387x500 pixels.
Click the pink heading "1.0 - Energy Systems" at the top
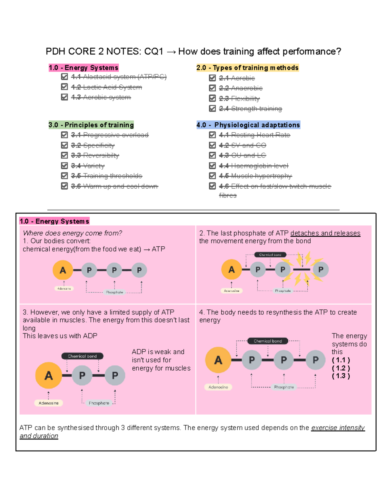[84, 68]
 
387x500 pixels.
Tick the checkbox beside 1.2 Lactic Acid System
[64, 87]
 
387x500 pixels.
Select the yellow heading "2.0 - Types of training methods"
[247, 68]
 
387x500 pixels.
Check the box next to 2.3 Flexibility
[212, 98]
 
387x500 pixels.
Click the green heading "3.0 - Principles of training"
[91, 125]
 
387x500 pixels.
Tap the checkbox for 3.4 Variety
[64, 165]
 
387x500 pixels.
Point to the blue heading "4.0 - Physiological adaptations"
[248, 125]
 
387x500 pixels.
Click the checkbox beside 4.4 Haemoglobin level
[212, 165]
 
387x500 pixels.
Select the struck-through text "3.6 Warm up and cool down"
[114, 186]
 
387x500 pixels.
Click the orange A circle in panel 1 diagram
[63, 270]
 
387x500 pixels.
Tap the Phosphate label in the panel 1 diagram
[114, 292]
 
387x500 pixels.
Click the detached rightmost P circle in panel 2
[321, 269]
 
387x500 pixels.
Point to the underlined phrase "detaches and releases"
[325, 233]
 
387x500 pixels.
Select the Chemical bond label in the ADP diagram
[82, 356]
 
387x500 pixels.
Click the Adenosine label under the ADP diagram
[49, 403]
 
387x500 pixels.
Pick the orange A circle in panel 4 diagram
[218, 360]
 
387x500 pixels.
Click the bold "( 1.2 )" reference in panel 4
[341, 368]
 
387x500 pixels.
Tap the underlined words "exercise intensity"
[338, 428]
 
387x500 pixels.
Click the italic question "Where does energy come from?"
[72, 233]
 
